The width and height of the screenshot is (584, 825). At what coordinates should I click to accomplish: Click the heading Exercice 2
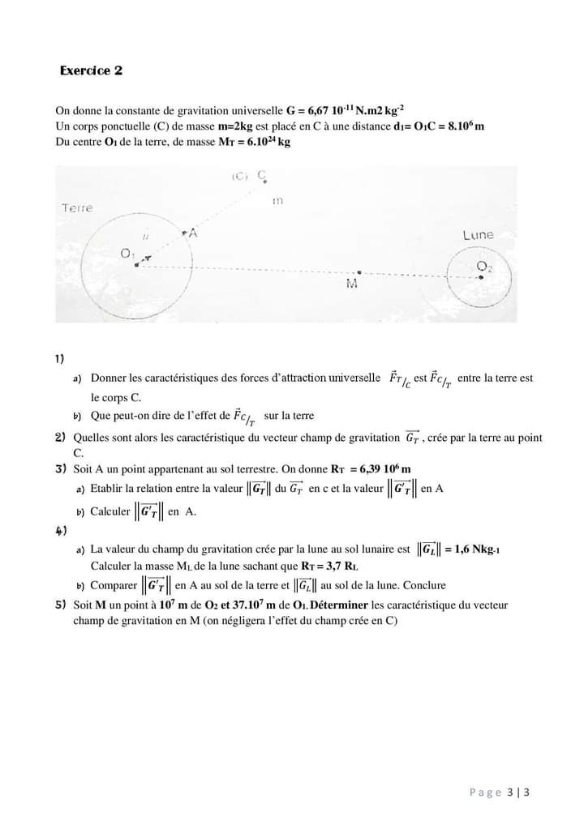tap(91, 71)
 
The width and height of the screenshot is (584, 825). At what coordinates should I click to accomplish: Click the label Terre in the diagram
tap(77, 208)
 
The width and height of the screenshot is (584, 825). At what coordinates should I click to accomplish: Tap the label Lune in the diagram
tap(478, 235)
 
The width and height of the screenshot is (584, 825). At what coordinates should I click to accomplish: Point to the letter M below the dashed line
tap(352, 284)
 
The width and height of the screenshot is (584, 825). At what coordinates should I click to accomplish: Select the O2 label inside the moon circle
tap(484, 266)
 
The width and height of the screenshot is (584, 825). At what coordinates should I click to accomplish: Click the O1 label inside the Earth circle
tap(127, 254)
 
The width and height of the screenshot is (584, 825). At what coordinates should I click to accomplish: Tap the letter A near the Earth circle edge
tap(194, 233)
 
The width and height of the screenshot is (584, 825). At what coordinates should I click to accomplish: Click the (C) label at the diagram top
tap(239, 176)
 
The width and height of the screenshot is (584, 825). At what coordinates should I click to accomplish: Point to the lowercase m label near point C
tap(277, 199)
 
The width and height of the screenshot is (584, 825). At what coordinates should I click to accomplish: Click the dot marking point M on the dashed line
tap(360, 272)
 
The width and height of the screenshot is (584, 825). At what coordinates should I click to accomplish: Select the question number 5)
tap(60, 605)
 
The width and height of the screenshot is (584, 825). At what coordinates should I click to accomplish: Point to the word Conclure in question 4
tap(424, 585)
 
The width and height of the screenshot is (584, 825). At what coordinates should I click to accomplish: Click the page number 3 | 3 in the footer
tap(521, 792)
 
